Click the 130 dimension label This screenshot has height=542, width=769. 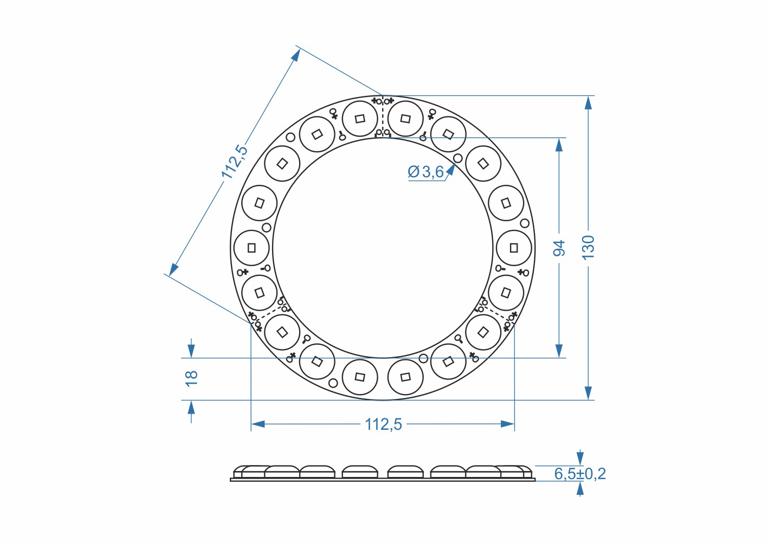588,248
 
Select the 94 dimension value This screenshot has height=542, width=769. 559,248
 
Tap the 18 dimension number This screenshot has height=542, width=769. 191,379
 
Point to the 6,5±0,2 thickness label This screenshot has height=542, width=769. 580,474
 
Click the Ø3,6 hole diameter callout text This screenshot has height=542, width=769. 426,172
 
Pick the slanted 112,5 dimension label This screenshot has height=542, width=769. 235,162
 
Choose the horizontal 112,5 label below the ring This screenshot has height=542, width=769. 383,424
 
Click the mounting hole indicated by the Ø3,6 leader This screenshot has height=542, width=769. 457,158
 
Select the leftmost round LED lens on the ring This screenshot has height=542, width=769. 251,248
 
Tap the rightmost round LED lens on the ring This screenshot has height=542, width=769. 514,248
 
